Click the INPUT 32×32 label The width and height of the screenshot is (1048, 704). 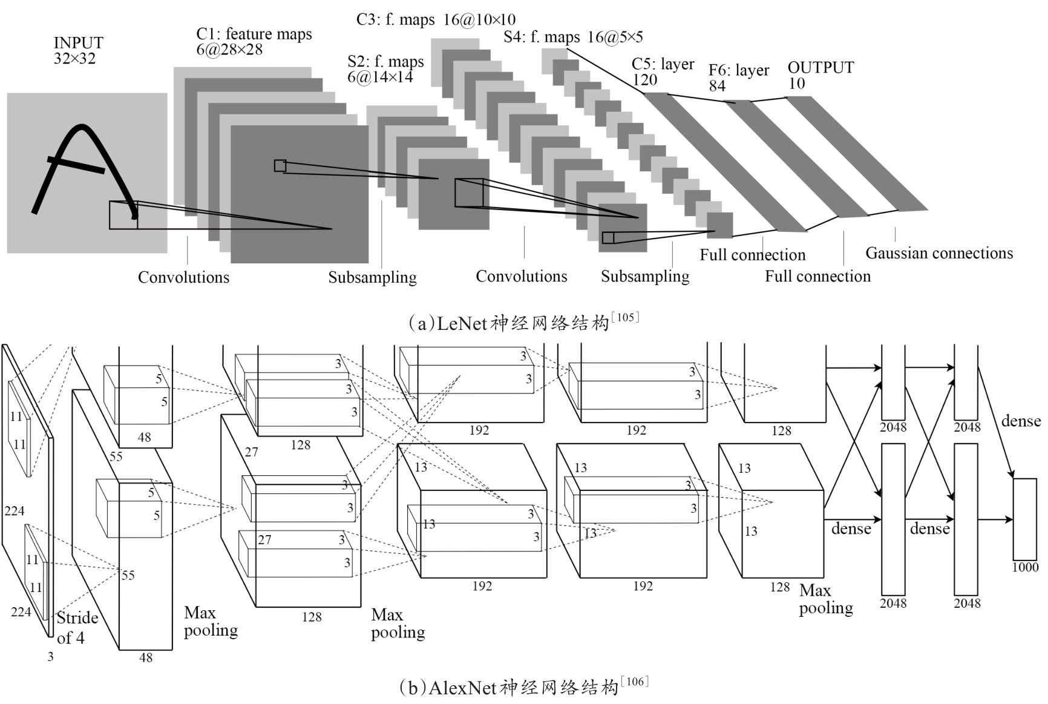[x=78, y=51]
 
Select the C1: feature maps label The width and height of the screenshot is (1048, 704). [x=254, y=42]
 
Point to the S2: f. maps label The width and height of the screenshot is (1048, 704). [x=385, y=70]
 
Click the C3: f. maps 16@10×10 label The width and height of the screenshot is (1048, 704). [x=436, y=20]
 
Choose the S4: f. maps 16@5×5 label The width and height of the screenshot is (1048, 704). [x=573, y=37]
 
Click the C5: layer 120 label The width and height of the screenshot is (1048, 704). [x=663, y=72]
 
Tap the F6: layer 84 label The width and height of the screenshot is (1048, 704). [x=739, y=78]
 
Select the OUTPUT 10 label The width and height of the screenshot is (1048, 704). [x=820, y=75]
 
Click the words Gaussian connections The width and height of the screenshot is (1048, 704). [x=939, y=253]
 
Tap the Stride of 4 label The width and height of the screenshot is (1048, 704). [x=77, y=627]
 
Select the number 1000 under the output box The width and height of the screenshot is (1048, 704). [x=1025, y=567]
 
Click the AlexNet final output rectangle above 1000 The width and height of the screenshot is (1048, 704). [x=1025, y=519]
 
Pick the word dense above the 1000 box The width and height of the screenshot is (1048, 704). [x=1021, y=421]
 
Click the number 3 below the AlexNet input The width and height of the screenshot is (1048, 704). [x=50, y=656]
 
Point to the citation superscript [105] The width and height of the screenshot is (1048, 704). [x=625, y=317]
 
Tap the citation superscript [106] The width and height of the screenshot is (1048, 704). [x=634, y=682]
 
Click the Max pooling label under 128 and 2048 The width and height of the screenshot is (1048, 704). [x=825, y=599]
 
